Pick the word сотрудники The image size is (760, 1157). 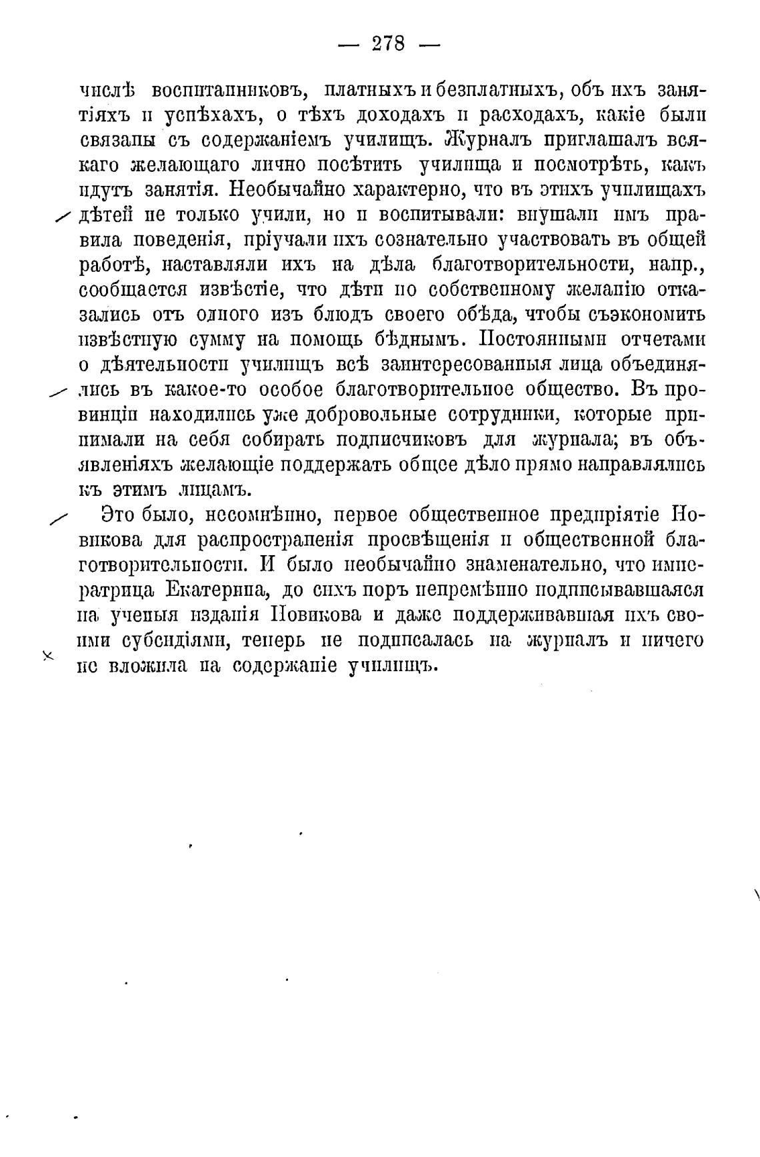[501, 415]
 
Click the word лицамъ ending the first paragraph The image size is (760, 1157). [202, 490]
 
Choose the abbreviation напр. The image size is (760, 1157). [676, 265]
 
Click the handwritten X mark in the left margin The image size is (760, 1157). [47, 656]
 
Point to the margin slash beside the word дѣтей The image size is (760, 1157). [63, 215]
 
